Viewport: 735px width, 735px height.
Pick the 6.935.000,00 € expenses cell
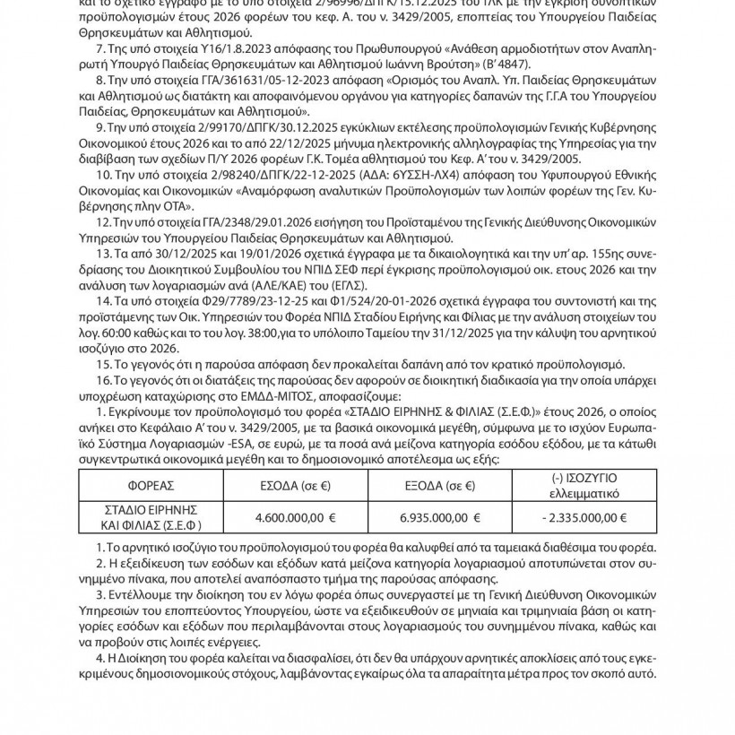439,517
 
